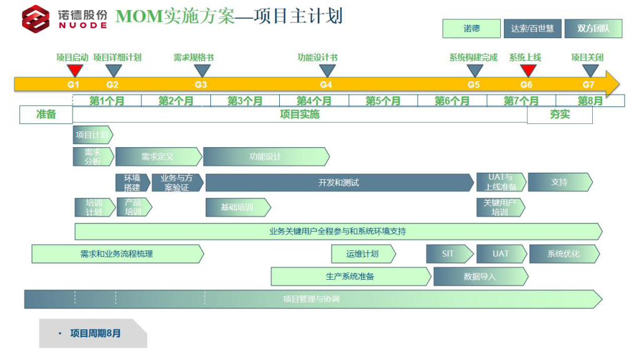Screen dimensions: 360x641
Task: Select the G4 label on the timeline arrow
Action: [x=326, y=85]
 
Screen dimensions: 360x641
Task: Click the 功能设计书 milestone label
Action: [x=317, y=58]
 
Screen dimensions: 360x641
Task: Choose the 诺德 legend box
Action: [x=471, y=29]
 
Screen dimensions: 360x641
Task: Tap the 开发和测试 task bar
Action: [x=339, y=183]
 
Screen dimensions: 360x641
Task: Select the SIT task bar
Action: [x=448, y=254]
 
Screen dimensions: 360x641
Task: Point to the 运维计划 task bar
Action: [x=362, y=254]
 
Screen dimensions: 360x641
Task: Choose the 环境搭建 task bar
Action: [x=131, y=183]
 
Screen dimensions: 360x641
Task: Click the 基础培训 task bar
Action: [x=237, y=207]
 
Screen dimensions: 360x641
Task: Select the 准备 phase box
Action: [x=46, y=115]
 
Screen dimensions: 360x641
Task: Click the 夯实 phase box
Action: [x=560, y=115]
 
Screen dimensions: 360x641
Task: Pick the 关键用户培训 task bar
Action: [x=500, y=207]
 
